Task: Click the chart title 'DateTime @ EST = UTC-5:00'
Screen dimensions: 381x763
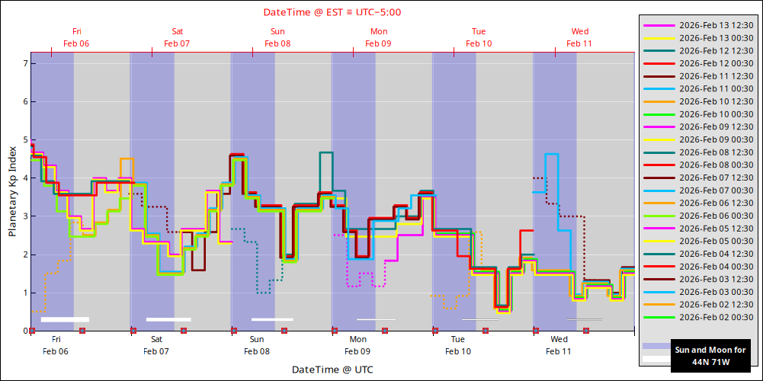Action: click(332, 12)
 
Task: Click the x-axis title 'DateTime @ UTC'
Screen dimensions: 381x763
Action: click(332, 370)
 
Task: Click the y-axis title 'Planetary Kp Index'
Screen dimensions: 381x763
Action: click(13, 191)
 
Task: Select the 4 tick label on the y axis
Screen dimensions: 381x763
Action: click(24, 178)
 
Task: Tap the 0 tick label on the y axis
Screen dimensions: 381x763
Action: click(24, 331)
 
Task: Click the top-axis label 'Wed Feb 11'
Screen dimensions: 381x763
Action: click(579, 37)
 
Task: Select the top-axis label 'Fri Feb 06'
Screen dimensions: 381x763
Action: click(76, 37)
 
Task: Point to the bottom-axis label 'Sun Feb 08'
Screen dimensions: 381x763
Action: click(257, 345)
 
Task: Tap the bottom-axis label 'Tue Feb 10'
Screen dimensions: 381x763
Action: click(458, 345)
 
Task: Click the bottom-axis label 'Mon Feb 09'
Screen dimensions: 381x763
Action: click(357, 345)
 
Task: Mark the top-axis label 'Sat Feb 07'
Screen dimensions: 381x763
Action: click(177, 37)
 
